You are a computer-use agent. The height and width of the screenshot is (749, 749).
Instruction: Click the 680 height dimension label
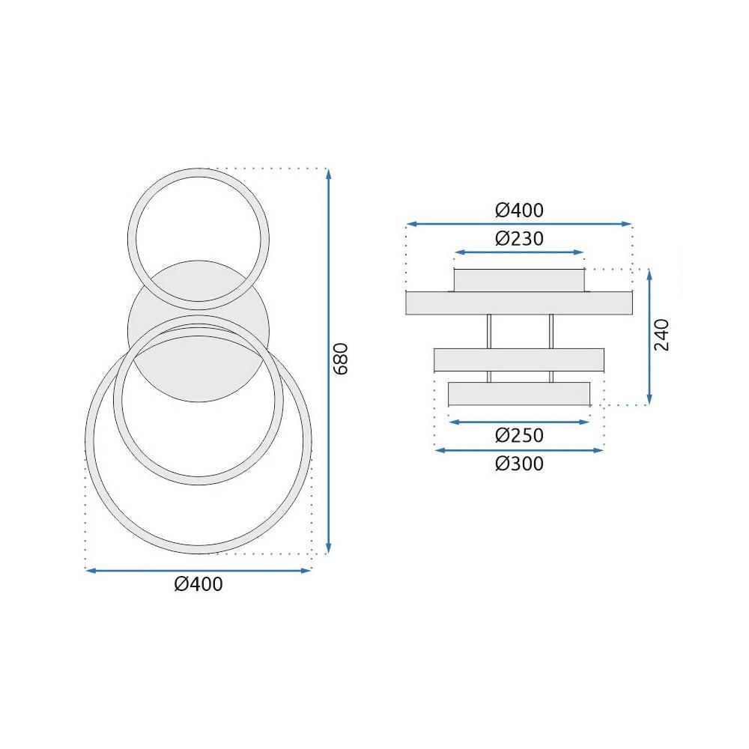341,359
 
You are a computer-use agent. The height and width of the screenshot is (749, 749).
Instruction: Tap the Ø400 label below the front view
198,584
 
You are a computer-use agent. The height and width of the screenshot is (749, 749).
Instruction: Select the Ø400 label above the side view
519,210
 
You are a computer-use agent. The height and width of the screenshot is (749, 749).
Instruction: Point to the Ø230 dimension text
519,239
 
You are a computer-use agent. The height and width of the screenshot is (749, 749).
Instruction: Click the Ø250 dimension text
519,435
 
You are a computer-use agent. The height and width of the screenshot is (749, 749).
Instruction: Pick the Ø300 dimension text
519,464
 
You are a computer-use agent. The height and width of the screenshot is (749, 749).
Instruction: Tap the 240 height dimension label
662,335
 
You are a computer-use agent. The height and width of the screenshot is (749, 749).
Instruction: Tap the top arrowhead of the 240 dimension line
649,274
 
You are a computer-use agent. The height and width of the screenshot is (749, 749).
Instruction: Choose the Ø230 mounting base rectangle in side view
518,280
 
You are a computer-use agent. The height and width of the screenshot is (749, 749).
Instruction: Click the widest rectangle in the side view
518,303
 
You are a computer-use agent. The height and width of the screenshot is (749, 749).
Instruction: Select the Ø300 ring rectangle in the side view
519,360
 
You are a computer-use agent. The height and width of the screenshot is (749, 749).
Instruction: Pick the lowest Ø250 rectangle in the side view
519,394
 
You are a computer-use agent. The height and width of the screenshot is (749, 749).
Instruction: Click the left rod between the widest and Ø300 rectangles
489,331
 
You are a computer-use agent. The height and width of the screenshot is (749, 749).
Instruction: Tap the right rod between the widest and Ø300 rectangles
551,331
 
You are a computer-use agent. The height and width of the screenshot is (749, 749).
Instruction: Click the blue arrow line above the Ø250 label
519,422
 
